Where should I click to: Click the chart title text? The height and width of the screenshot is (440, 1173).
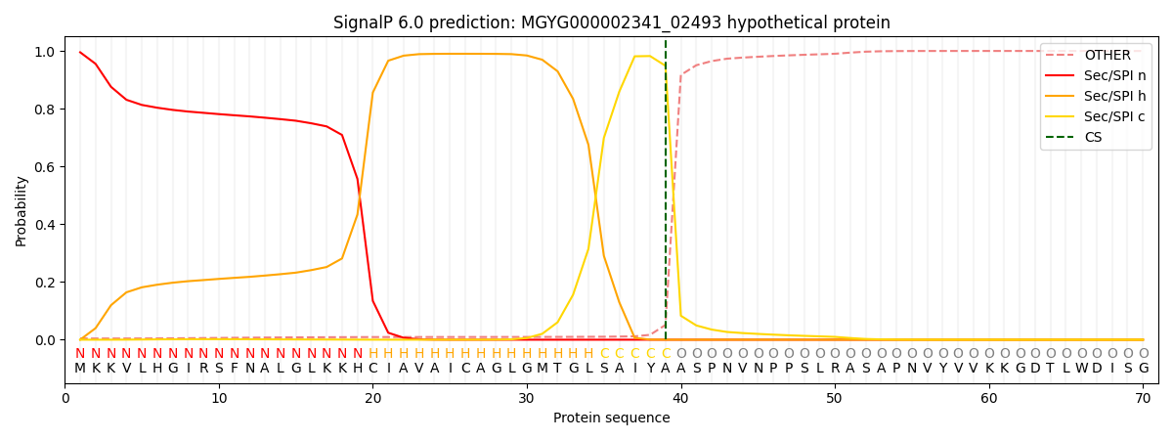pos(611,22)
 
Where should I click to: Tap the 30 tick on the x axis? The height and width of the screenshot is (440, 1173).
pos(527,399)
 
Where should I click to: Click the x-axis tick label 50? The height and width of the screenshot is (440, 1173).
pos(835,399)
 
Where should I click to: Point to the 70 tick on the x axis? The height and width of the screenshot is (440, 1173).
pos(1143,399)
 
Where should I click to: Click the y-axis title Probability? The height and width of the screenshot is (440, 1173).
pos(21,210)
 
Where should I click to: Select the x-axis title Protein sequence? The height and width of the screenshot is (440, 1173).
pos(611,418)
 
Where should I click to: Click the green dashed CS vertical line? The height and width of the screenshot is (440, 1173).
pos(666,196)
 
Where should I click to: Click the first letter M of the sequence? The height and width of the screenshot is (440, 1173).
pos(80,369)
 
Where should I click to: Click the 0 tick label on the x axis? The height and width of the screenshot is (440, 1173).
pos(65,399)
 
